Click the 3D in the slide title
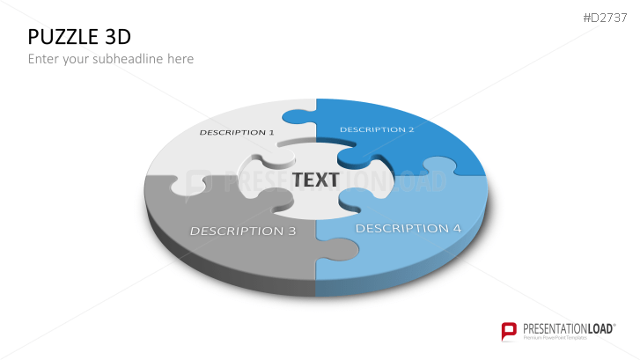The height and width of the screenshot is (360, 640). (118, 37)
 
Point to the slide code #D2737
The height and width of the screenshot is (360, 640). (605, 18)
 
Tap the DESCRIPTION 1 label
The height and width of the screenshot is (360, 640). (237, 132)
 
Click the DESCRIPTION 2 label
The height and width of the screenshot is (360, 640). (377, 129)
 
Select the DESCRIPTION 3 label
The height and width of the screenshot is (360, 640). (243, 231)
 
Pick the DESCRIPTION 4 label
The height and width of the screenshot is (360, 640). (408, 228)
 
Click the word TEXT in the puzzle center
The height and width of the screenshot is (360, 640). (315, 180)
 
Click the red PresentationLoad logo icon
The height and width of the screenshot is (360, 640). (509, 331)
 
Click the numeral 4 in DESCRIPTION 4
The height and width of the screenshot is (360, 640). (457, 228)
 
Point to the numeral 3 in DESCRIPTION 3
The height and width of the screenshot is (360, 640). (292, 231)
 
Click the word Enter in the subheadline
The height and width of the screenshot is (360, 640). (43, 59)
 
